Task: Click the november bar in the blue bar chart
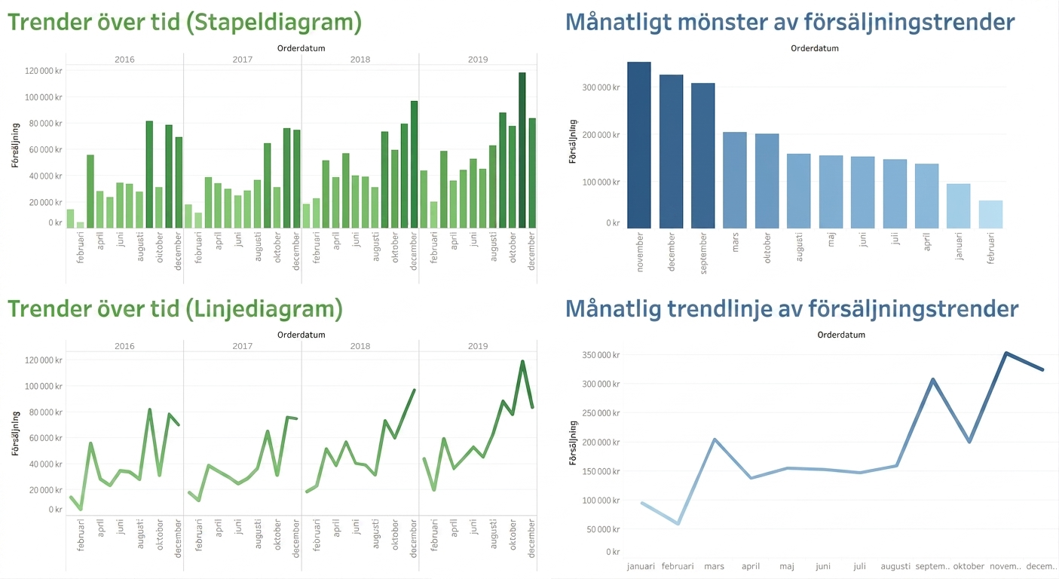coord(638,146)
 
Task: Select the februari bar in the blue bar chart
coord(990,215)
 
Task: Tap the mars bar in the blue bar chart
coord(735,180)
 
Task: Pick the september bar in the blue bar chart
coord(703,156)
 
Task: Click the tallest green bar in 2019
coord(522,151)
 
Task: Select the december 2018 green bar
coord(414,164)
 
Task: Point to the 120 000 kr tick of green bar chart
coord(44,71)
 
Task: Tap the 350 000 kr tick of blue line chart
coord(601,355)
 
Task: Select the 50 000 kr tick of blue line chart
coord(603,529)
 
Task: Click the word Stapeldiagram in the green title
coord(274,23)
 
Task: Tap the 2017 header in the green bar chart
coord(243,60)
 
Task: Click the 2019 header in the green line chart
coord(478,346)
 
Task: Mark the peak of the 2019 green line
coord(522,361)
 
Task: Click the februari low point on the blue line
coord(678,523)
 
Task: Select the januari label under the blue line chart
coord(641,566)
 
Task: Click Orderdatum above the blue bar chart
coord(815,48)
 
